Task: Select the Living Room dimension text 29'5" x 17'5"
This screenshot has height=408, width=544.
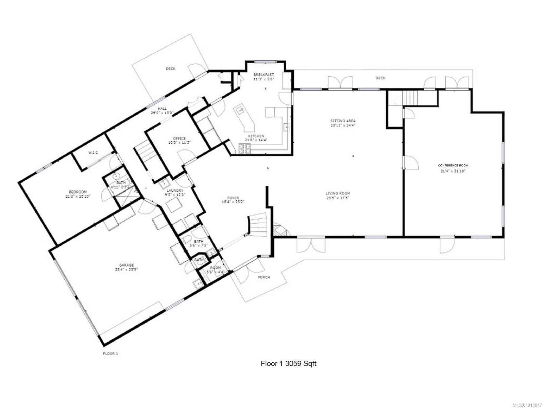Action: coord(338,198)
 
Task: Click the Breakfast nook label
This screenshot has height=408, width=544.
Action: coord(263,75)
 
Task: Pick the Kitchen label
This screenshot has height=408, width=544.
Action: coord(256,136)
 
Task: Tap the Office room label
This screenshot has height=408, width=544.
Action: coord(179,138)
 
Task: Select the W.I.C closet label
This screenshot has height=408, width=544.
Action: coord(93,152)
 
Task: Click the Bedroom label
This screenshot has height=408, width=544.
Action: coord(78,192)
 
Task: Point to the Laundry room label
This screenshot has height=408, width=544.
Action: coord(175,191)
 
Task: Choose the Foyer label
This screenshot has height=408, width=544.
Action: coord(233,198)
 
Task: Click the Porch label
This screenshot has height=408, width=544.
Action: coord(264,277)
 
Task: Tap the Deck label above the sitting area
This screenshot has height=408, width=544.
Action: coord(380,78)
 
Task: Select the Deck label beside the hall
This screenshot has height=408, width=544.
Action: coord(170,69)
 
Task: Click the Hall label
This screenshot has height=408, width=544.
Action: coord(162,108)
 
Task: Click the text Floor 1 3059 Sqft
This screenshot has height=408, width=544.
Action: coord(288,363)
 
